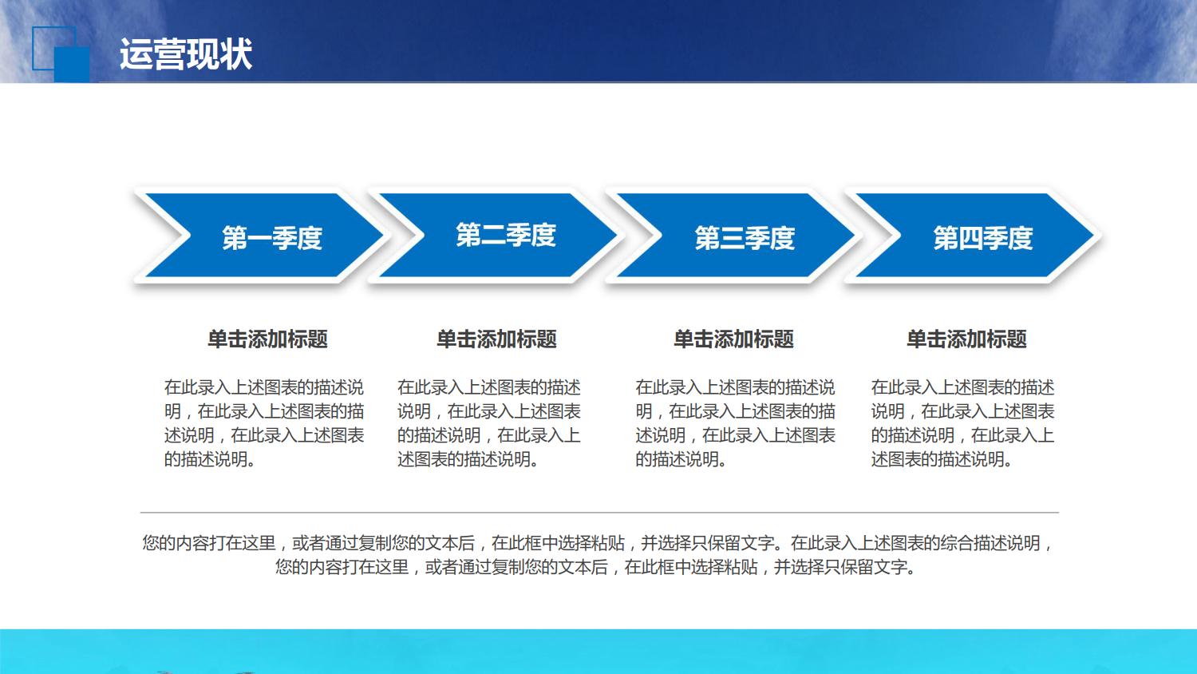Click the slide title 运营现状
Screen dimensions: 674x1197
[x=185, y=54]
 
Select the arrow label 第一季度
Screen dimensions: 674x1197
[x=271, y=238]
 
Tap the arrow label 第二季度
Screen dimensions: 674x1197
[x=505, y=236]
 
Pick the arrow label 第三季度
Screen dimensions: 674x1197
[x=744, y=238]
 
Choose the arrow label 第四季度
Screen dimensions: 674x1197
[x=982, y=238]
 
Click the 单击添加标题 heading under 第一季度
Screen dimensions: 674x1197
[x=267, y=339]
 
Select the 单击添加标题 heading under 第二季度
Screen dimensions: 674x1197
[x=496, y=339]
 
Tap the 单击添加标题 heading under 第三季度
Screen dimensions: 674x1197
[x=733, y=339]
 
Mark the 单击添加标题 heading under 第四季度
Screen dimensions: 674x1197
[x=966, y=339]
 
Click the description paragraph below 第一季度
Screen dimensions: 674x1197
[x=263, y=423]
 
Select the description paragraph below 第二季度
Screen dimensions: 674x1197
[x=488, y=423]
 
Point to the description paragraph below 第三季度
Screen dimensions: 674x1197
[x=734, y=423]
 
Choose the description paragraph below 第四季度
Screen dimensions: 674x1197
[x=962, y=423]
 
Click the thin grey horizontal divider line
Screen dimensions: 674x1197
[x=598, y=513]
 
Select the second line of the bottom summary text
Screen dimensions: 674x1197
[x=595, y=568]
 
